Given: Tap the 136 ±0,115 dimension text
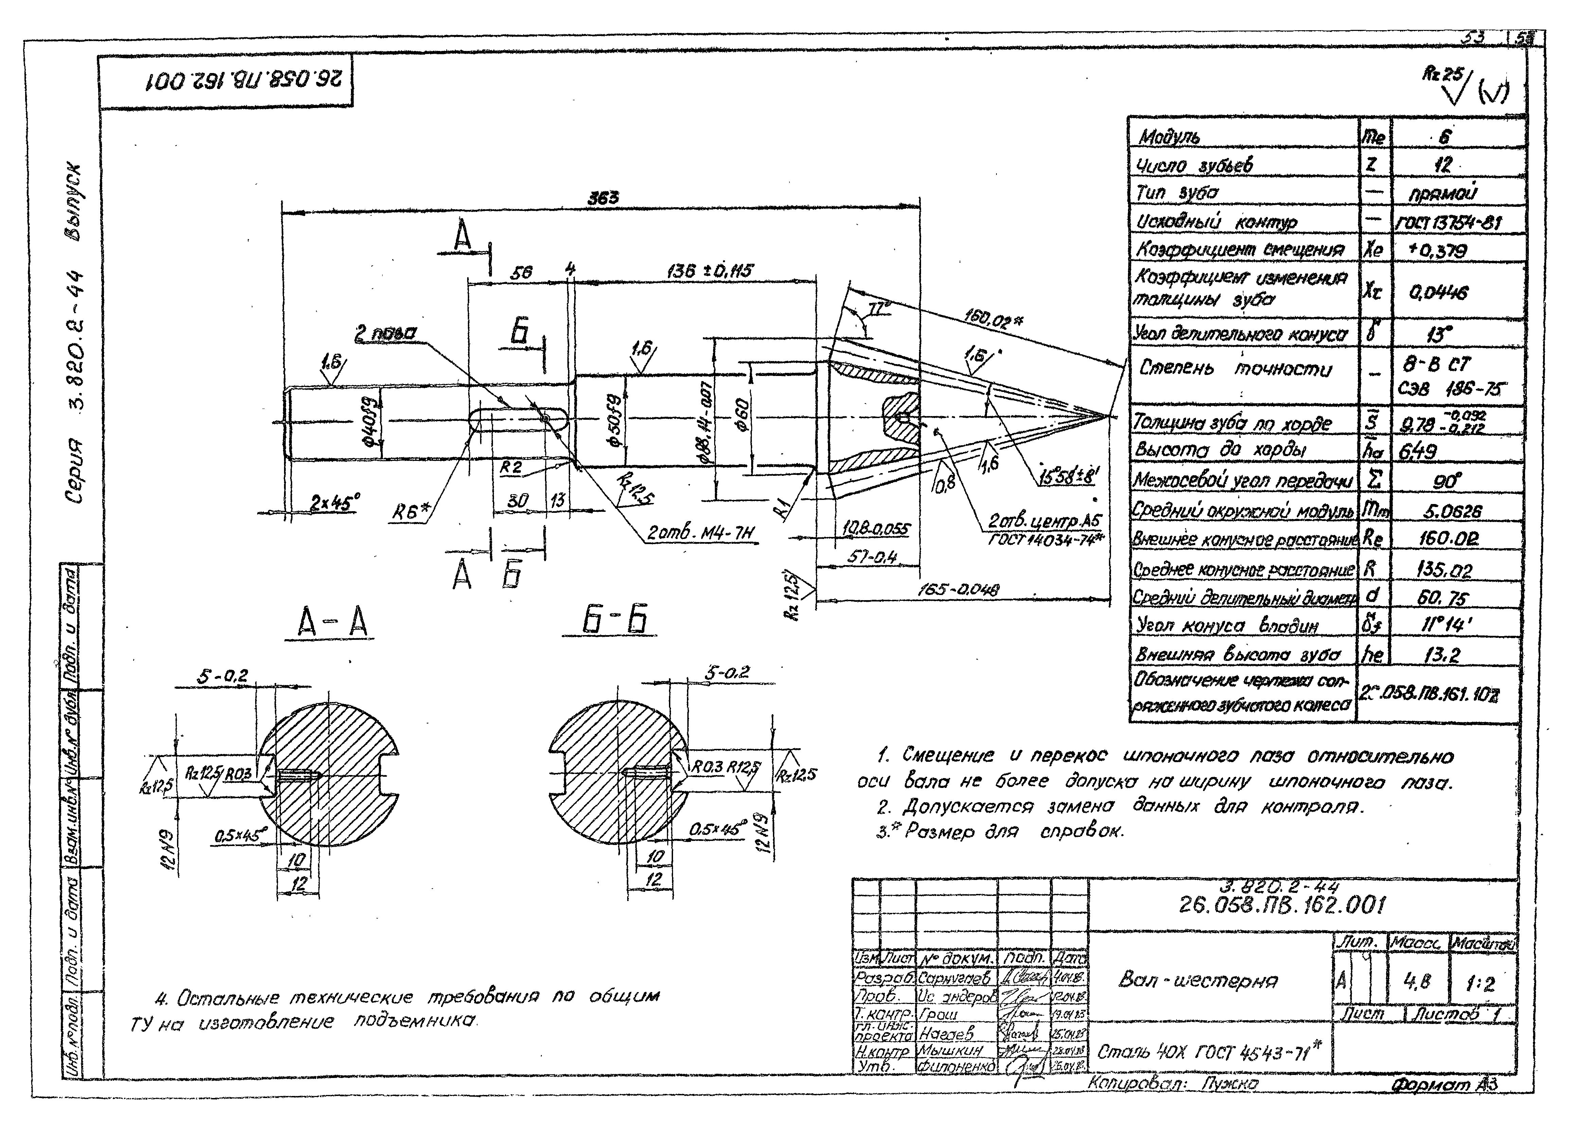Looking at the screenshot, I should (x=708, y=271).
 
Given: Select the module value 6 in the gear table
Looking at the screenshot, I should (x=1444, y=137).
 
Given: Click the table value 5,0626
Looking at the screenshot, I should (x=1452, y=511).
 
